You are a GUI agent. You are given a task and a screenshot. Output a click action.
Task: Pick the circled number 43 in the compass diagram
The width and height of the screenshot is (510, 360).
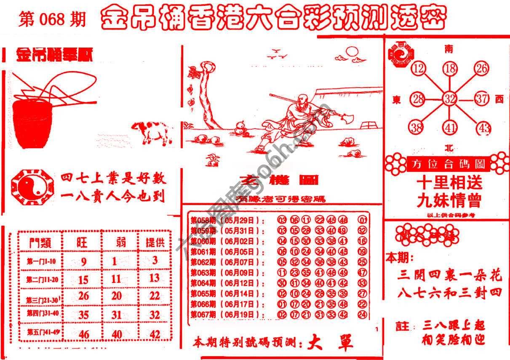pos(484,128)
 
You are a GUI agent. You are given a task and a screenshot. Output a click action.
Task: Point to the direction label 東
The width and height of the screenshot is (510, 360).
pos(397,100)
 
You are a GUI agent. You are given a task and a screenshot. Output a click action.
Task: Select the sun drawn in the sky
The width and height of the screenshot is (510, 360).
pos(351,52)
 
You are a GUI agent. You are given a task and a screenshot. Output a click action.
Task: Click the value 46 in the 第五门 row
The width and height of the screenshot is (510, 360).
pos(84,334)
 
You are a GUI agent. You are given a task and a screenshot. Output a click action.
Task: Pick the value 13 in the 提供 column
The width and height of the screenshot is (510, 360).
pos(155,277)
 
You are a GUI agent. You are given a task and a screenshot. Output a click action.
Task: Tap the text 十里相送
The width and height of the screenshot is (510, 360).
pos(449,183)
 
